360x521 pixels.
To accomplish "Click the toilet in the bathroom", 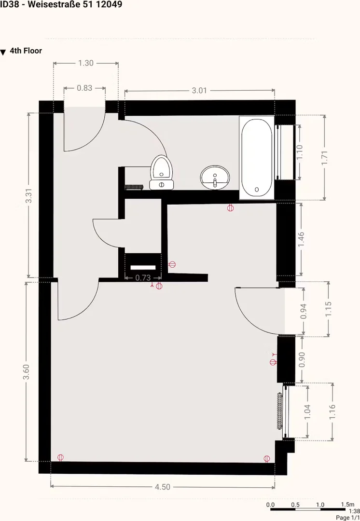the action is [x=162, y=173].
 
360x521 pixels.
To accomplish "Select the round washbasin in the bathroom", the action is [x=215, y=178].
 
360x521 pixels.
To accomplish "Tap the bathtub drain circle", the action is [x=257, y=190].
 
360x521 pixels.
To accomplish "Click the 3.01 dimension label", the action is [x=199, y=90].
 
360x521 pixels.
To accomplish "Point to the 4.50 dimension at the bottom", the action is [x=163, y=487].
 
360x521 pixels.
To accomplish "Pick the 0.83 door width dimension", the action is [x=84, y=88].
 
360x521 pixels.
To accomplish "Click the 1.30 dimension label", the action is [x=86, y=63].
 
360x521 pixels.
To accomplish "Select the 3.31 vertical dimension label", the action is [x=29, y=196].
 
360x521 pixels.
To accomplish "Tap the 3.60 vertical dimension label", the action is [x=26, y=372].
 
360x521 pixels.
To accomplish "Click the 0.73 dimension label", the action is [x=143, y=277].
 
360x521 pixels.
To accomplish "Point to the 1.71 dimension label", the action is [x=324, y=158].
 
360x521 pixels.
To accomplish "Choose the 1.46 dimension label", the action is [x=301, y=240].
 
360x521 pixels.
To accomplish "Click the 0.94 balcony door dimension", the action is [x=303, y=311].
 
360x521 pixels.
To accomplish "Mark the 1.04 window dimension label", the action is [x=307, y=411].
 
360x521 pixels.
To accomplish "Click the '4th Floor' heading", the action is [x=26, y=51].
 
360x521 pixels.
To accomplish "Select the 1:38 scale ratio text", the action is [x=354, y=511].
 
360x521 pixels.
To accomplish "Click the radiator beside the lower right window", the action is [x=279, y=411].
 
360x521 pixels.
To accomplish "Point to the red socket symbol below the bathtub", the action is [x=230, y=208].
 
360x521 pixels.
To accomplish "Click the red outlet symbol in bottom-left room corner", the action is [x=60, y=457].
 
